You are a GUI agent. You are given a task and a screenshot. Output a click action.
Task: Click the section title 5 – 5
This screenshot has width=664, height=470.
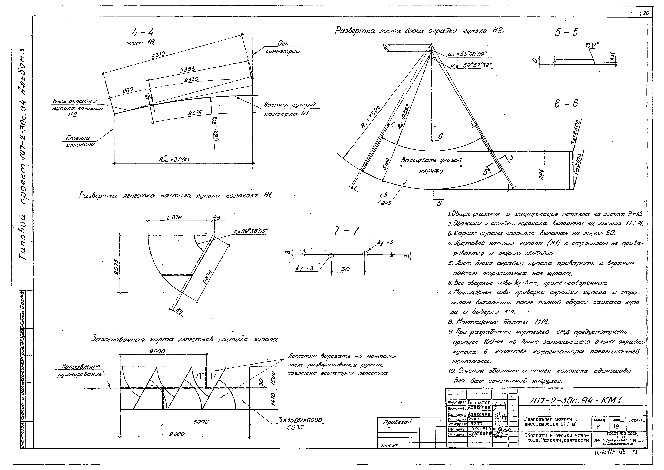click(x=566, y=32)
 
